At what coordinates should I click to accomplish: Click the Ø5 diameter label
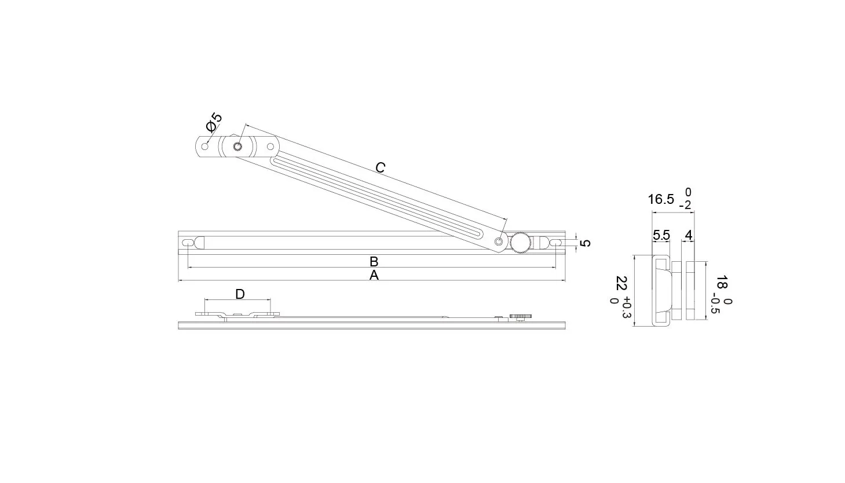[x=214, y=122]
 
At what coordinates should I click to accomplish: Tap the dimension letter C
[x=381, y=167]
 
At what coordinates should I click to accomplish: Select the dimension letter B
[x=374, y=262]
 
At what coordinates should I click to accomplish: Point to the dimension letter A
[x=374, y=276]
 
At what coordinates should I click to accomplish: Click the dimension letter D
[x=240, y=294]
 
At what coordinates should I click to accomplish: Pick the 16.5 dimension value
[x=661, y=199]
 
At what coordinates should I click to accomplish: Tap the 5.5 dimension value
[x=661, y=236]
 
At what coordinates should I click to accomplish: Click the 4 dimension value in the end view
[x=689, y=236]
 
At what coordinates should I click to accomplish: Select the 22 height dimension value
[x=621, y=283]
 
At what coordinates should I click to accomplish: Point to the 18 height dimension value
[x=722, y=283]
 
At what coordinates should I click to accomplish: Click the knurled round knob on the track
[x=521, y=243]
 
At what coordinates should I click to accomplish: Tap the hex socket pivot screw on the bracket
[x=237, y=147]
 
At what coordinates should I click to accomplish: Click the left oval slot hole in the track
[x=188, y=243]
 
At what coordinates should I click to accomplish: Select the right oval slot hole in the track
[x=556, y=243]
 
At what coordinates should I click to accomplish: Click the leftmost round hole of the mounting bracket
[x=205, y=147]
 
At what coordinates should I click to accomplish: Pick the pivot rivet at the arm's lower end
[x=499, y=241]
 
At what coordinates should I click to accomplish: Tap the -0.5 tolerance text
[x=715, y=303]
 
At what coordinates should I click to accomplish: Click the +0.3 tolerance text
[x=626, y=308]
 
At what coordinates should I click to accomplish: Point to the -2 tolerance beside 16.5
[x=685, y=205]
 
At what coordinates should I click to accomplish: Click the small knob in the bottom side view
[x=521, y=317]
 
